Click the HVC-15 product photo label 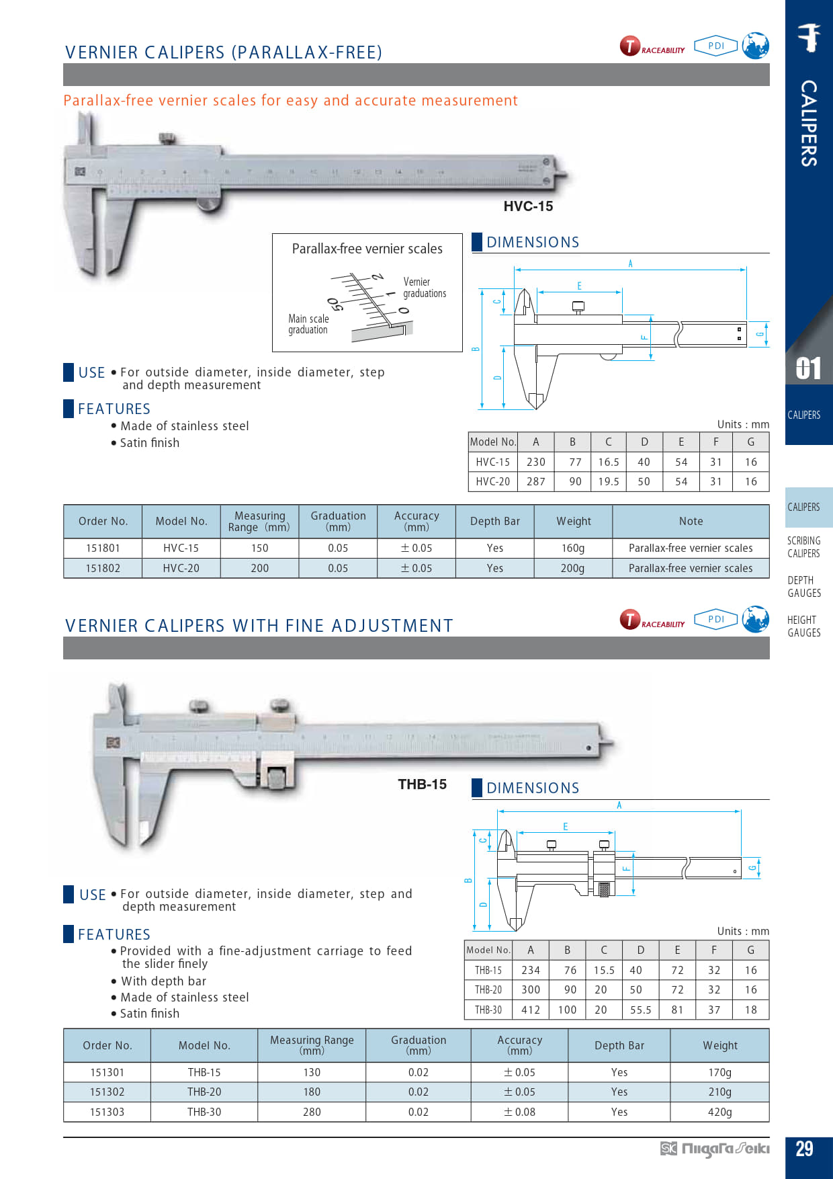click(528, 206)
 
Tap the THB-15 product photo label click(422, 784)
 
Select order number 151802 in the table click(103, 568)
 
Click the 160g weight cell click(572, 548)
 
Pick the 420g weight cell click(719, 1112)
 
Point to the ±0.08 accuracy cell click(519, 1112)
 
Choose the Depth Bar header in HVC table click(494, 521)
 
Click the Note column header click(691, 521)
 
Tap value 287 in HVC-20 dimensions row click(536, 481)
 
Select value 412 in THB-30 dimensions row click(531, 1010)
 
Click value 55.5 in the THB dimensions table click(640, 1010)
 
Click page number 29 click(804, 1149)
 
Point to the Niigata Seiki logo click(715, 1149)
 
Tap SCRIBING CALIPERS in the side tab click(803, 547)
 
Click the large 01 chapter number click(808, 368)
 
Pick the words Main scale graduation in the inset click(308, 324)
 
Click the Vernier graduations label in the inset click(424, 288)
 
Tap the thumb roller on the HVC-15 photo click(209, 204)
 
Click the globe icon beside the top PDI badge click(756, 46)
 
